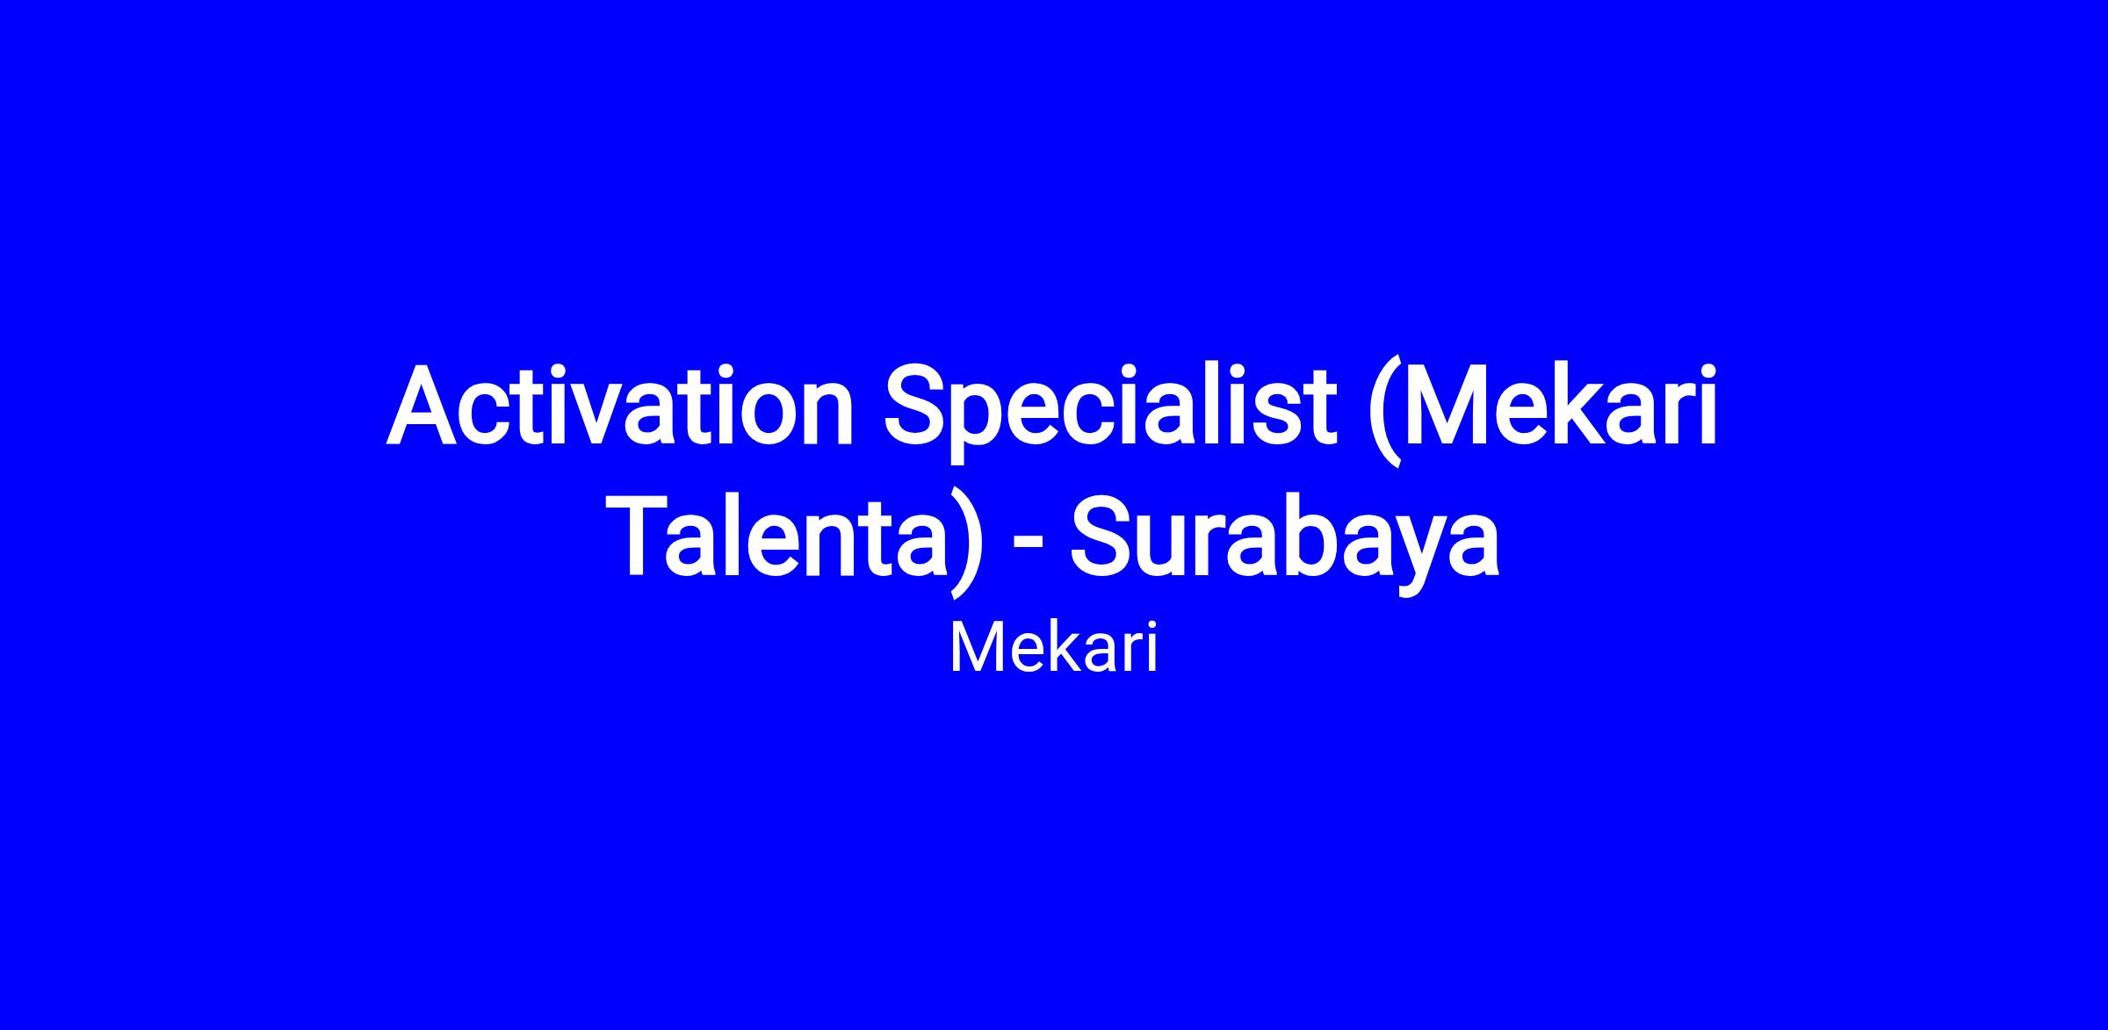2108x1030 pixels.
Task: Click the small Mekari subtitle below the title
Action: (1053, 650)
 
